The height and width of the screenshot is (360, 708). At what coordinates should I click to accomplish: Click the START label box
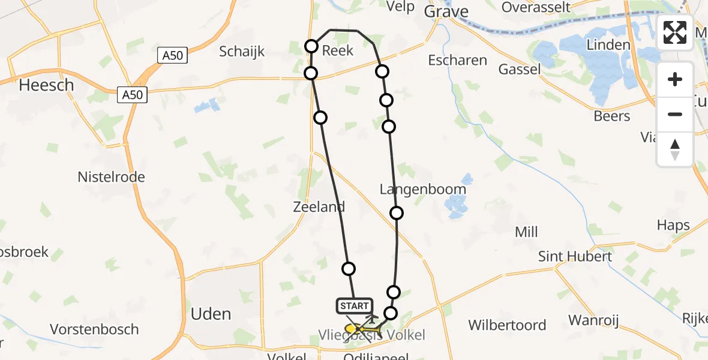[x=354, y=306]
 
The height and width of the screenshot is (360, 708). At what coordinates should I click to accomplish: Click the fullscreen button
[x=675, y=32]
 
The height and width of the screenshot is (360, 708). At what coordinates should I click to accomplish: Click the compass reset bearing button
[x=675, y=149]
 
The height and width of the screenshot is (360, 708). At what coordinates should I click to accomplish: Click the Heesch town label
[x=46, y=85]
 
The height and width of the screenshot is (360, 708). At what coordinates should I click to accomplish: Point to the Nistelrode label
[x=111, y=177]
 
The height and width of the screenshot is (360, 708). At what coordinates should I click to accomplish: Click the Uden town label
[x=211, y=314]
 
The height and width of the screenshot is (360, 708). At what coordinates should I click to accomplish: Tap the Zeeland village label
[x=319, y=207]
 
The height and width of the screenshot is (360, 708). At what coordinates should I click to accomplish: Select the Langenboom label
[x=422, y=190]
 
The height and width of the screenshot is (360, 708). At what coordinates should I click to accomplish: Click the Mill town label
[x=526, y=232]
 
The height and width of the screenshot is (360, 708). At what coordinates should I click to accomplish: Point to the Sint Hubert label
[x=575, y=257]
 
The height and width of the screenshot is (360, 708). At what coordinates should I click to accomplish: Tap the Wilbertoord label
[x=507, y=325]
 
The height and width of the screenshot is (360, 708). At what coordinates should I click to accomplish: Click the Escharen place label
[x=457, y=60]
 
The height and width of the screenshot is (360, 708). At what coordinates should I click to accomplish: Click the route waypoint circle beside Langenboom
[x=396, y=213]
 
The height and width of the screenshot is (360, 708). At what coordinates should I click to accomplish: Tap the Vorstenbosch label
[x=94, y=329]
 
